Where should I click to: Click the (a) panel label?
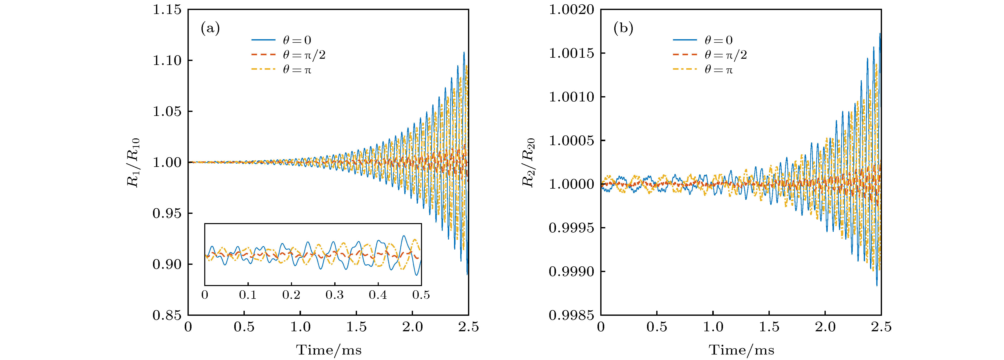210,28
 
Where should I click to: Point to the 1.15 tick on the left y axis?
167,10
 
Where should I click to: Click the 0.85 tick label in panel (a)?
167,315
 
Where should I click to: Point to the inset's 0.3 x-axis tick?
335,295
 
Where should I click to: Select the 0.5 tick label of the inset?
421,295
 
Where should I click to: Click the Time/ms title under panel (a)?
328,350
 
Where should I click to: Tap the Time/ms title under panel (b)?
741,350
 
